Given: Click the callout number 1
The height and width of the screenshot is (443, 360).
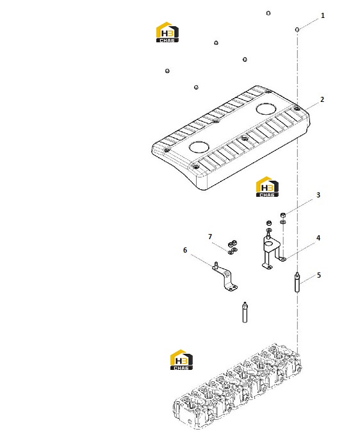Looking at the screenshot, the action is point(322,15).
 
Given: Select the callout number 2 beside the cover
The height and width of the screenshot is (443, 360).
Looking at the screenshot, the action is point(322,99).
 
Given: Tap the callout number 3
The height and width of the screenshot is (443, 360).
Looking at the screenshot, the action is point(318,195).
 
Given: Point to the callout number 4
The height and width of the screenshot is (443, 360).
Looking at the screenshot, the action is point(318,238).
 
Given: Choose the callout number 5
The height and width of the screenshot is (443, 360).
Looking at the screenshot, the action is point(319,275).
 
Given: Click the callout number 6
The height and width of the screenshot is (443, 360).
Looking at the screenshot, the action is point(185,250).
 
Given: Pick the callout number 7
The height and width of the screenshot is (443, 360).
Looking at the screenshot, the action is point(210,237).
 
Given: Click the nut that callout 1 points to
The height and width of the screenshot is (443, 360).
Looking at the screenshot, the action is point(297,29).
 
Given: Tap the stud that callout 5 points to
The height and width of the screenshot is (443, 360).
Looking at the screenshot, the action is point(297,282).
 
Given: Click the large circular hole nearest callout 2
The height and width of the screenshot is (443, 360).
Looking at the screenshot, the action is point(266,109).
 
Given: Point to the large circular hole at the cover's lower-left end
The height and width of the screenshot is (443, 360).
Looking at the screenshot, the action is point(199,147).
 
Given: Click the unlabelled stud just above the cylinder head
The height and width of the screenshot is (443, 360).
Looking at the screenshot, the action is point(245,312).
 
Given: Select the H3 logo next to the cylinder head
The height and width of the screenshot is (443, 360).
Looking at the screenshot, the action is point(181,360).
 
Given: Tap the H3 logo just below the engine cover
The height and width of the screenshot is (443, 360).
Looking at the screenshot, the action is point(267,187).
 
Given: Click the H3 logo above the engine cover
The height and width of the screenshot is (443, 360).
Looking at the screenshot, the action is point(167,32).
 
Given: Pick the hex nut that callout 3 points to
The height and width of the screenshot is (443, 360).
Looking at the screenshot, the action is point(283,215).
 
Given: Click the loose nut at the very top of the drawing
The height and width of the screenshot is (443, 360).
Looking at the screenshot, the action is point(268,13).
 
